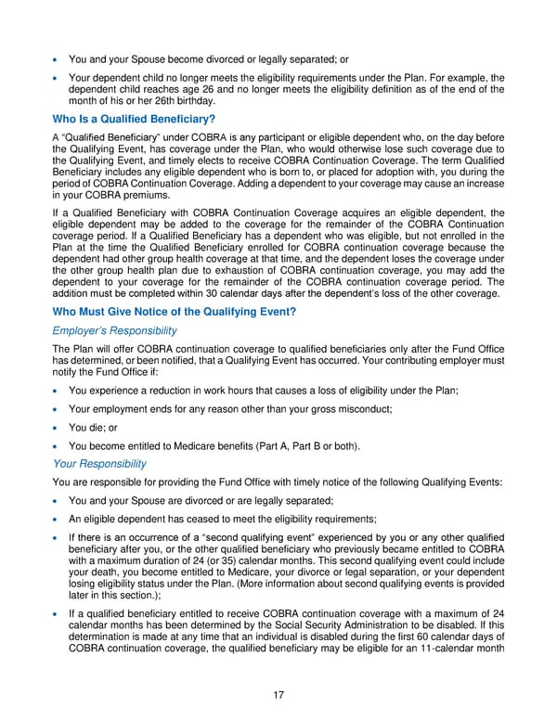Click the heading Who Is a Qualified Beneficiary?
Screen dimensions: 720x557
coord(135,119)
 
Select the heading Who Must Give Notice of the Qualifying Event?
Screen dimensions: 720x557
coord(174,311)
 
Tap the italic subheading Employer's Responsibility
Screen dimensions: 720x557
coord(114,330)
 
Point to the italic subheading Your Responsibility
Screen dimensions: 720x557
coord(100,463)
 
